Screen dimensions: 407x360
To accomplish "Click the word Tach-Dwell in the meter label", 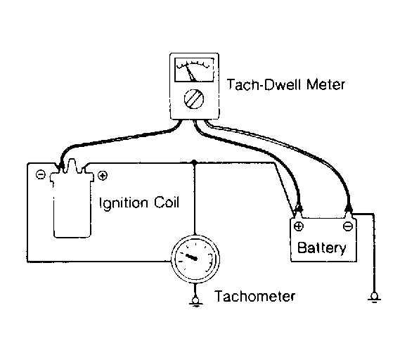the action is pyautogui.click(x=264, y=84).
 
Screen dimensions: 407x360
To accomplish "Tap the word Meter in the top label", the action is pyautogui.click(x=325, y=84).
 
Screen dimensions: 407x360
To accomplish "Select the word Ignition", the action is pyautogui.click(x=124, y=203).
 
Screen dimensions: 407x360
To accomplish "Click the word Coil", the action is pyautogui.click(x=167, y=202).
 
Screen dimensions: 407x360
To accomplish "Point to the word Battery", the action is pyautogui.click(x=321, y=248).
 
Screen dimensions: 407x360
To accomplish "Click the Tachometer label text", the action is pyautogui.click(x=254, y=296).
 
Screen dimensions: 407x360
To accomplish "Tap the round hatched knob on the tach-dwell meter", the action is pyautogui.click(x=194, y=99).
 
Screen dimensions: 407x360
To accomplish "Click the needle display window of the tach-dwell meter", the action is pyautogui.click(x=194, y=70).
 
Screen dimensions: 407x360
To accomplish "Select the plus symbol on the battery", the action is pyautogui.click(x=299, y=226).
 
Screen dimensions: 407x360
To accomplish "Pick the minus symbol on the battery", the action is pyautogui.click(x=347, y=226).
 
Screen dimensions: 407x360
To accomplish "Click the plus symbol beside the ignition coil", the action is pyautogui.click(x=103, y=176).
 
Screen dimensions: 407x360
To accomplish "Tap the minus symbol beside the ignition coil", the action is pyautogui.click(x=41, y=174).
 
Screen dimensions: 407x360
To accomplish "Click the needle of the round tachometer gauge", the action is pyautogui.click(x=192, y=257).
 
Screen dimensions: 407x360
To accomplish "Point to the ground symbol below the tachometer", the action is pyautogui.click(x=195, y=302).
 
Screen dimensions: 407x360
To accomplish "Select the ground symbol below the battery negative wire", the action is pyautogui.click(x=374, y=297).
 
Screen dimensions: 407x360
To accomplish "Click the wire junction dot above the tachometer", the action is pyautogui.click(x=193, y=162).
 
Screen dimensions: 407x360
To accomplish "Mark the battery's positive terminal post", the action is pyautogui.click(x=298, y=214).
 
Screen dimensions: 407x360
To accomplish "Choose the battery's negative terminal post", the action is pyautogui.click(x=349, y=213).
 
